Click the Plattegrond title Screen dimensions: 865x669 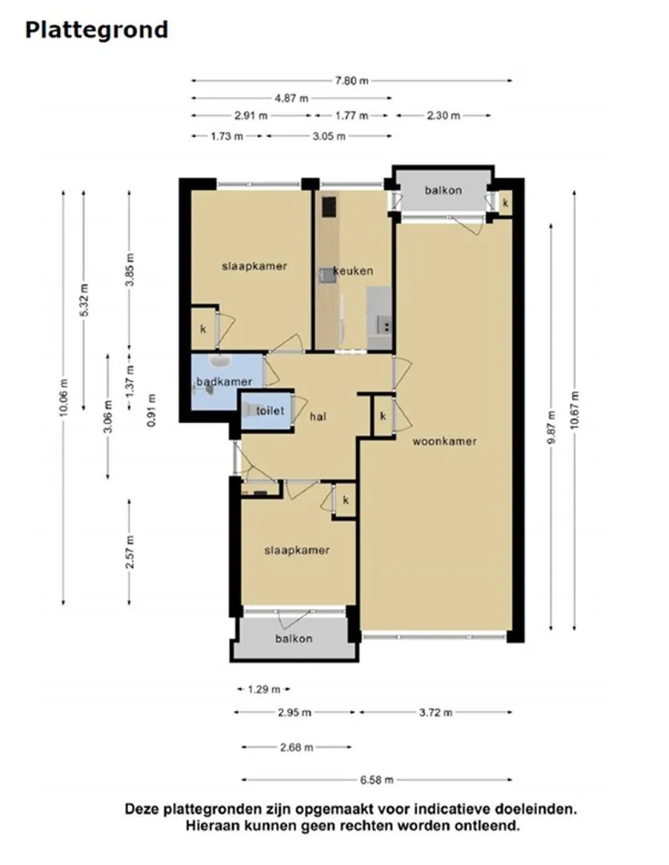pyautogui.click(x=96, y=30)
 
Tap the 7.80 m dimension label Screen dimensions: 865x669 pyautogui.click(x=352, y=80)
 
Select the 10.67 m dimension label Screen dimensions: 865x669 pyautogui.click(x=575, y=410)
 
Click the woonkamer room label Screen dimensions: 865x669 pyautogui.click(x=444, y=441)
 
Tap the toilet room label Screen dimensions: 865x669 pyautogui.click(x=270, y=411)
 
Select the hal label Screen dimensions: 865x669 pyautogui.click(x=318, y=416)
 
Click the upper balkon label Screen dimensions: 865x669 pyautogui.click(x=443, y=190)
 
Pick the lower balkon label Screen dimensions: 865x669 pyautogui.click(x=294, y=638)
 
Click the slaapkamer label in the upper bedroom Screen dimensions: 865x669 pyautogui.click(x=254, y=266)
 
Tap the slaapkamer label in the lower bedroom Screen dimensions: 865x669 pyautogui.click(x=297, y=550)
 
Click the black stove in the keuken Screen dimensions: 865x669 pyautogui.click(x=328, y=207)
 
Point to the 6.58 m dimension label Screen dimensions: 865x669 pyautogui.click(x=376, y=779)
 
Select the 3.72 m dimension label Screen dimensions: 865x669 pyautogui.click(x=436, y=712)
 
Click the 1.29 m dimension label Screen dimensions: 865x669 pyautogui.click(x=264, y=688)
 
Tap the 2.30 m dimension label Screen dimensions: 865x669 pyautogui.click(x=443, y=115)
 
